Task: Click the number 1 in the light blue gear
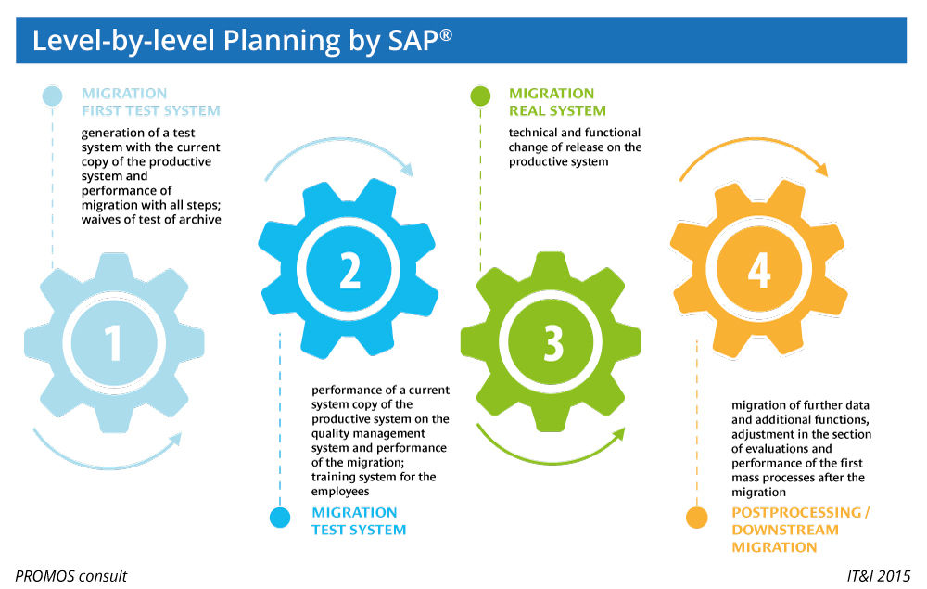point(113,341)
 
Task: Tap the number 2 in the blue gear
point(349,269)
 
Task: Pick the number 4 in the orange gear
point(759,269)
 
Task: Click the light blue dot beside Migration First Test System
point(53,95)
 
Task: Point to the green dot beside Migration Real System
point(480,95)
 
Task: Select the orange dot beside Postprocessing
point(697,518)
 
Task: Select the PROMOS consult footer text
point(70,576)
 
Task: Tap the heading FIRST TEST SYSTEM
point(151,111)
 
